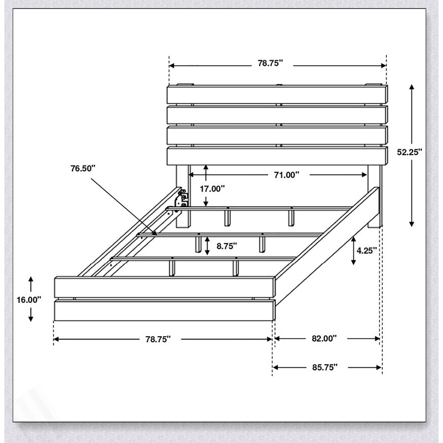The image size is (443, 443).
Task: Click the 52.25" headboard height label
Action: click(x=409, y=152)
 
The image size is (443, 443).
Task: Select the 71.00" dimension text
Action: click(x=286, y=175)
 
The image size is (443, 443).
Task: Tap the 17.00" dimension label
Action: click(x=213, y=188)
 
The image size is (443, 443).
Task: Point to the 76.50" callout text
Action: click(x=83, y=168)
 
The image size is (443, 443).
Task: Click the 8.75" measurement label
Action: click(x=227, y=246)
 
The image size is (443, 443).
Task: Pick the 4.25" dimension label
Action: click(x=367, y=251)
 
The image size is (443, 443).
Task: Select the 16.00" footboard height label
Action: click(x=29, y=300)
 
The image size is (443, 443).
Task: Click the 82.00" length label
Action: click(x=324, y=338)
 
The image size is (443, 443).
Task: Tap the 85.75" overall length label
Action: click(x=325, y=367)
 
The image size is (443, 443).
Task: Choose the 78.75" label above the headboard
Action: click(x=270, y=63)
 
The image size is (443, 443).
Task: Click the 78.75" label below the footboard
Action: click(x=158, y=339)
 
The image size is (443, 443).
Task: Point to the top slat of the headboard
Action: click(x=277, y=95)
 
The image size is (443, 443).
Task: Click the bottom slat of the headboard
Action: click(x=277, y=156)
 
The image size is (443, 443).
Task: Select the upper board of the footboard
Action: click(x=164, y=287)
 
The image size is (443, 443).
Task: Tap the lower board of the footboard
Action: click(x=164, y=311)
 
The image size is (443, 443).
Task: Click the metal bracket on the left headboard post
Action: click(x=182, y=199)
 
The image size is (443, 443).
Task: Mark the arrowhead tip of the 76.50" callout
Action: click(x=157, y=235)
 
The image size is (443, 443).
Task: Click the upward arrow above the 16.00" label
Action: click(x=31, y=284)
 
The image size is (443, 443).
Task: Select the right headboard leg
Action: click(x=375, y=197)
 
